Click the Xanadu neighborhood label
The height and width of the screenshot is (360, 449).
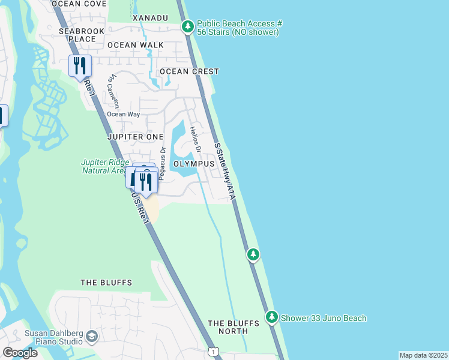pos(150,18)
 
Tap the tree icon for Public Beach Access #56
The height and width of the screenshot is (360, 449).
pos(188,26)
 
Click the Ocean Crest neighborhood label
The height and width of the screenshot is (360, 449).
pos(188,71)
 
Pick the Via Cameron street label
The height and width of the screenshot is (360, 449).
pos(110,89)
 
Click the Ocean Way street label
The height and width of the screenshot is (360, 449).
pos(123,114)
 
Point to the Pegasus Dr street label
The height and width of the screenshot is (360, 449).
pos(162,156)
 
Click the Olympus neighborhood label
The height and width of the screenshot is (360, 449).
pos(194,163)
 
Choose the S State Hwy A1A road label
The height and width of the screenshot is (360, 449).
pos(223,170)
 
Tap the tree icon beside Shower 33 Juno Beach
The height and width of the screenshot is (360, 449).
pos(272,316)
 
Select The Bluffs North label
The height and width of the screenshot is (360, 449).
pos(234,327)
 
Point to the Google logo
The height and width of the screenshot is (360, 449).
pos(20,352)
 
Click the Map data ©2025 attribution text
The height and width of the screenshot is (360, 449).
pos(423,355)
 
